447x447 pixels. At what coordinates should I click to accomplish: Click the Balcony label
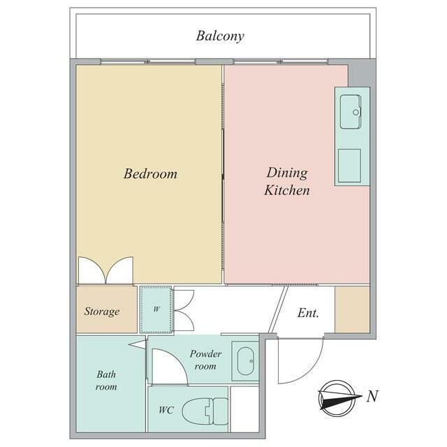(x=220, y=36)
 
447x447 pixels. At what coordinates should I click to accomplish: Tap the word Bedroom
(x=150, y=174)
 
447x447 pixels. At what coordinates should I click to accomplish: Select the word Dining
(x=287, y=173)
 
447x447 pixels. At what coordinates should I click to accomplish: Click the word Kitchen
(x=287, y=191)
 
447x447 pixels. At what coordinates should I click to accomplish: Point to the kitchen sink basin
(x=351, y=112)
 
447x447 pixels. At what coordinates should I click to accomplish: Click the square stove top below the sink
(x=349, y=166)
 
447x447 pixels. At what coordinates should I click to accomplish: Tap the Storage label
(x=102, y=312)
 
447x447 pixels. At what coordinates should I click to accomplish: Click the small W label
(x=156, y=309)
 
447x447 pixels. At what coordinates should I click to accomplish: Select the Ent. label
(x=308, y=313)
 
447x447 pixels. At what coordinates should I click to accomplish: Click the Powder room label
(x=205, y=360)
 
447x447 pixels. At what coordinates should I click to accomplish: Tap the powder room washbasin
(x=245, y=361)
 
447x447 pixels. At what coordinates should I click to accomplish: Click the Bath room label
(x=106, y=380)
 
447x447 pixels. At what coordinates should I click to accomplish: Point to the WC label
(x=166, y=410)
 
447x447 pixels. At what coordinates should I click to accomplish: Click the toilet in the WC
(x=205, y=411)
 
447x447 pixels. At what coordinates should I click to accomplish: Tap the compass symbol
(x=337, y=398)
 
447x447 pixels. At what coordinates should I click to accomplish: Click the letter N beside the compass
(x=372, y=396)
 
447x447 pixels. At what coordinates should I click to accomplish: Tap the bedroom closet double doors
(x=105, y=270)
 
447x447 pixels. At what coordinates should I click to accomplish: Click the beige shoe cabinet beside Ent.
(x=352, y=309)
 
